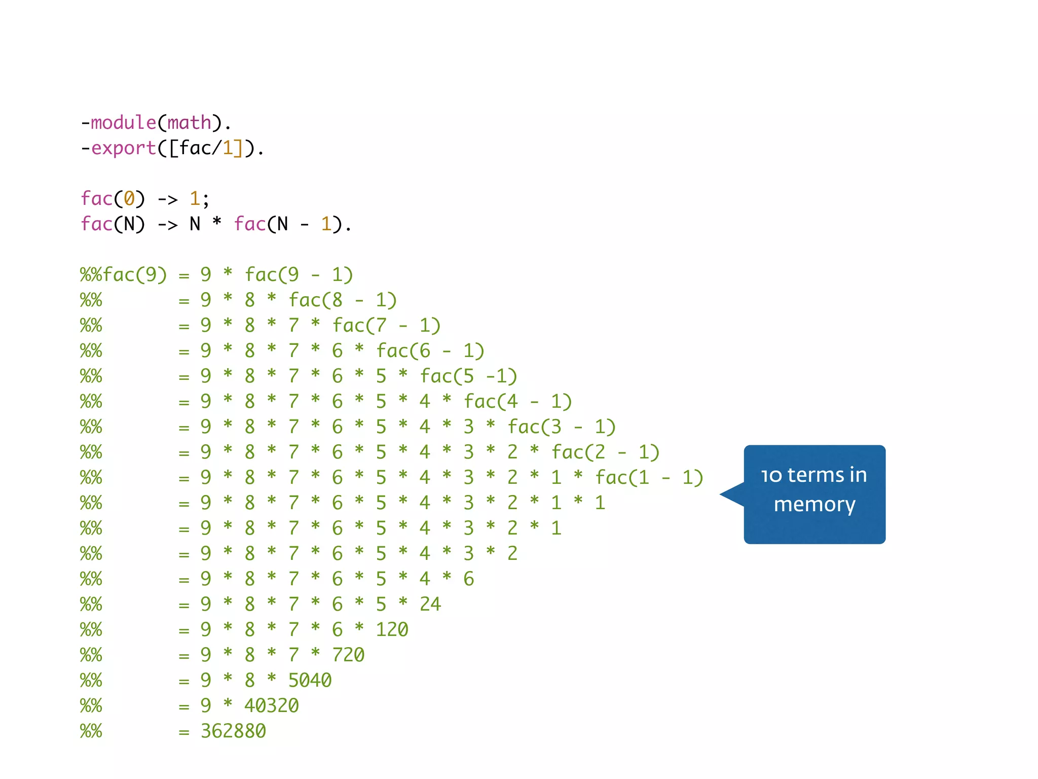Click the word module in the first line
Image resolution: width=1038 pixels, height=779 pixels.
[x=123, y=123]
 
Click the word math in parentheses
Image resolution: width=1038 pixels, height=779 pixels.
[x=189, y=123]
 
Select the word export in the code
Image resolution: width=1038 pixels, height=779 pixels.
[x=123, y=148]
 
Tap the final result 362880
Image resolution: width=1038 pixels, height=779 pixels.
[x=233, y=731]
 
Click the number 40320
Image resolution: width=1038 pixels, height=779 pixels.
[x=272, y=705]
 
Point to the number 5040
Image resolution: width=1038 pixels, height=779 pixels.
[x=310, y=680]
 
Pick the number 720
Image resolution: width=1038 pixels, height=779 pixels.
[x=348, y=655]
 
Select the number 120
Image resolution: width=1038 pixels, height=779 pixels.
[x=392, y=629]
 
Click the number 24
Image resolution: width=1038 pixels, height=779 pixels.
[x=430, y=604]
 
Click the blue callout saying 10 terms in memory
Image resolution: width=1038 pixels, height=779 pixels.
[x=814, y=494]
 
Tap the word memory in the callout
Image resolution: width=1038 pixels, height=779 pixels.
[x=814, y=505]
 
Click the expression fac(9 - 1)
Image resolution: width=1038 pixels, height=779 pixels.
[x=299, y=275]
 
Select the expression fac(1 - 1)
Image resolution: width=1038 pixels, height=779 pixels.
[x=649, y=478]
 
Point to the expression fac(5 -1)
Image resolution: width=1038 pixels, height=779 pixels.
[x=468, y=376]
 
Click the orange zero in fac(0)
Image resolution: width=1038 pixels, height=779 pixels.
[x=129, y=199]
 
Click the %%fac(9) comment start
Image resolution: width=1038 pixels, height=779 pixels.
[x=123, y=275]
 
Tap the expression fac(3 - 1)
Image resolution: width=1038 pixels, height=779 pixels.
[x=562, y=427]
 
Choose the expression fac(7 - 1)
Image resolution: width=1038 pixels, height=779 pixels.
[x=386, y=326]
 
